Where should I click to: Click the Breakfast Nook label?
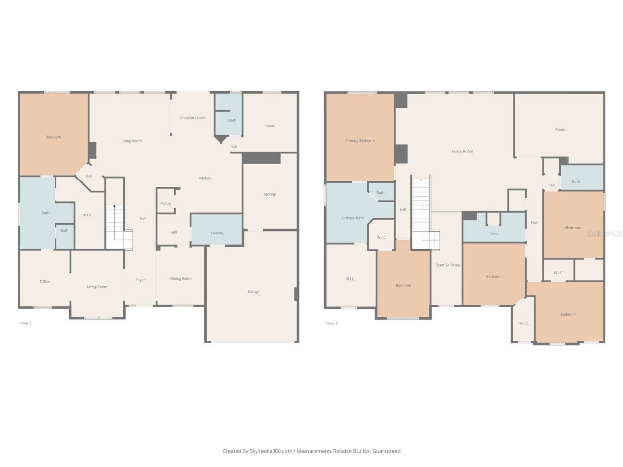(193, 118)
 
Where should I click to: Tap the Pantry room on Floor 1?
(165, 203)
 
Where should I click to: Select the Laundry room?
(218, 233)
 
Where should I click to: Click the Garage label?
(253, 292)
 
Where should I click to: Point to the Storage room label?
(270, 194)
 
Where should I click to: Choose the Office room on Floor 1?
(45, 282)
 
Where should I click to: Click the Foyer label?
(140, 280)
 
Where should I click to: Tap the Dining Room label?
(181, 279)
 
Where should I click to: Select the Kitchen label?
(205, 178)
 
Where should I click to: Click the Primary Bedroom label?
(360, 141)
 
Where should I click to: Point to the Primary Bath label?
(352, 218)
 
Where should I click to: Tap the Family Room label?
(462, 151)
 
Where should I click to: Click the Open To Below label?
(447, 265)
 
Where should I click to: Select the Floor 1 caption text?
(25, 323)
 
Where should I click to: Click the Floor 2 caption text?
(331, 323)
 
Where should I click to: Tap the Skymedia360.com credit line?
(311, 451)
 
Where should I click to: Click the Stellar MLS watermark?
(603, 234)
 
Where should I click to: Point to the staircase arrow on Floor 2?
(421, 181)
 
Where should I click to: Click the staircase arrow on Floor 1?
(114, 208)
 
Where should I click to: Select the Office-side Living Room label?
(97, 287)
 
